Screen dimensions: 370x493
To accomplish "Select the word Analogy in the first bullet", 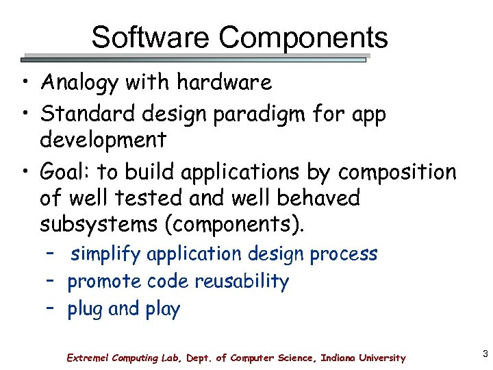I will (82, 84).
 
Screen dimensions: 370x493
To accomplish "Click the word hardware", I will (224, 83).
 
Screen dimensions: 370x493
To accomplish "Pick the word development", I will (103, 140).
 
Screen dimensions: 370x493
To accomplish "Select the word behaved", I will (318, 198).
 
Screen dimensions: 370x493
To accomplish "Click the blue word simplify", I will (105, 255).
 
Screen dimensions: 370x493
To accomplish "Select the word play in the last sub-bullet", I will (162, 310).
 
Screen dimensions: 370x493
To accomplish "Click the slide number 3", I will (485, 354).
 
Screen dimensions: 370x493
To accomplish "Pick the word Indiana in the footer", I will (340, 358).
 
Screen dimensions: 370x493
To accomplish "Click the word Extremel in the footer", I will (88, 358).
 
